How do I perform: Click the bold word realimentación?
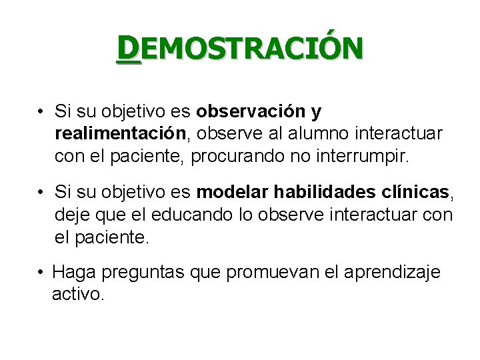pyautogui.click(x=121, y=133)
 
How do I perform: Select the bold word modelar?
pyautogui.click(x=229, y=193)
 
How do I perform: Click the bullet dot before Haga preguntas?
pyautogui.click(x=41, y=272)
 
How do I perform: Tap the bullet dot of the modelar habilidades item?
pyautogui.click(x=41, y=193)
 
